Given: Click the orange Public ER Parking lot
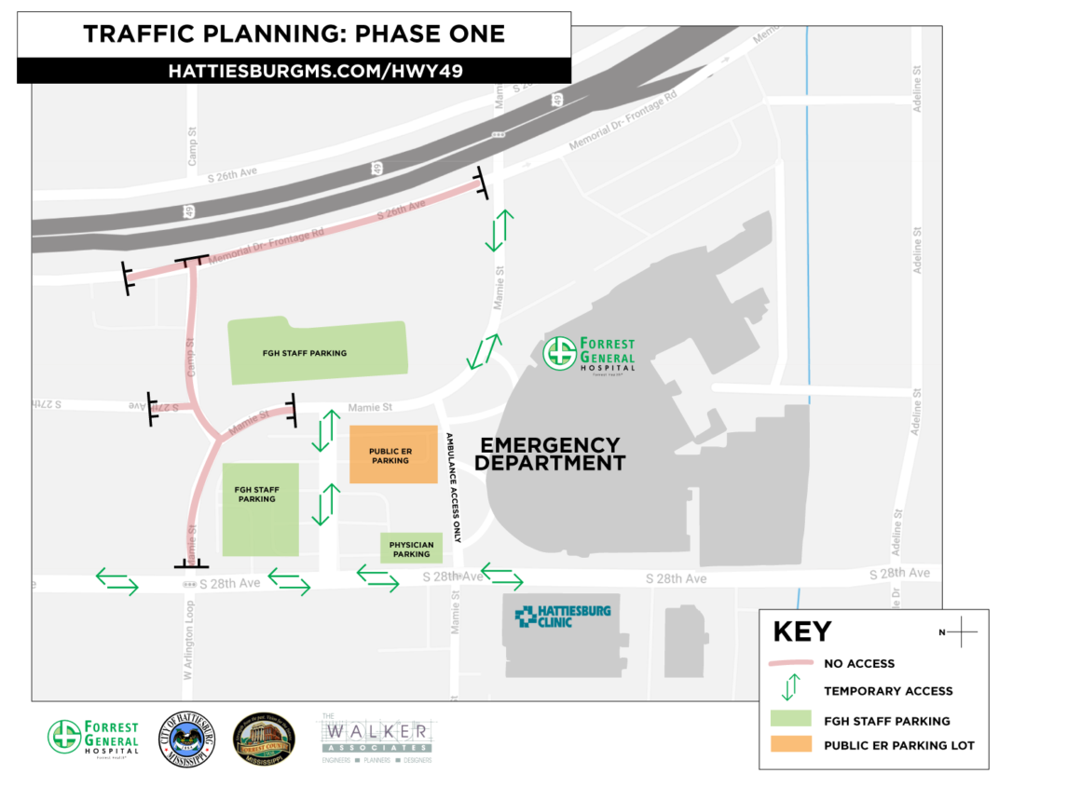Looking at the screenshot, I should pos(393,454).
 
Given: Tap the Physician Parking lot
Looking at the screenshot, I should pos(411,549).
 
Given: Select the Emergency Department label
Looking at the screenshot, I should pos(550,454).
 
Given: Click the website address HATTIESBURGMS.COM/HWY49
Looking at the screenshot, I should pos(294,71).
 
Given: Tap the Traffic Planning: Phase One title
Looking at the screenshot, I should pos(294,34).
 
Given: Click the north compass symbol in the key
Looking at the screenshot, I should pos(960,632).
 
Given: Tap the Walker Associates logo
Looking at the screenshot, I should pos(376,738).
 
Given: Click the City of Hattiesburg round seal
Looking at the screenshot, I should pos(188,740).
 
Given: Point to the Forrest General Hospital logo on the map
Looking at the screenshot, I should pos(590,353).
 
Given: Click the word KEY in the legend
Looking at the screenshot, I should pos(801,632).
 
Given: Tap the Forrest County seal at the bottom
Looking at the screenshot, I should pos(265,740).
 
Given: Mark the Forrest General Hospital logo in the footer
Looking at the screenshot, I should pos(93,740).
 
